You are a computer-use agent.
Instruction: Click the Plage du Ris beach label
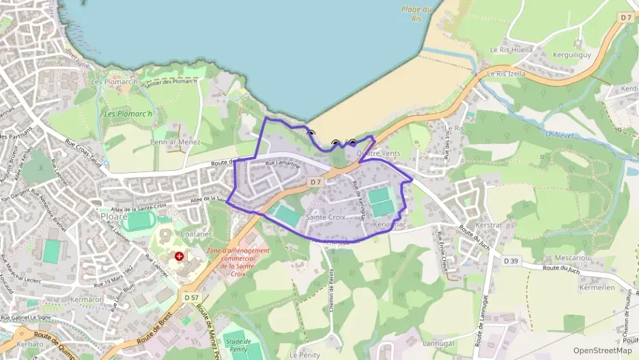tap(416, 13)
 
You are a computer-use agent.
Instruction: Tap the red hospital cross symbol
tap(180, 256)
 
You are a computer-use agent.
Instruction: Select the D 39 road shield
tap(511, 261)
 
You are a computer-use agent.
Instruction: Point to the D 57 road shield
tap(192, 298)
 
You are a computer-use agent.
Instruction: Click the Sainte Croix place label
tap(326, 217)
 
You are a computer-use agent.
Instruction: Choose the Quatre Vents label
tap(378, 154)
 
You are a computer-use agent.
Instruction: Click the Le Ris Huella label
tap(512, 50)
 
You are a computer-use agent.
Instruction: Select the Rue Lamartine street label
tap(282, 164)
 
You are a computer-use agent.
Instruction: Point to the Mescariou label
tap(573, 258)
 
